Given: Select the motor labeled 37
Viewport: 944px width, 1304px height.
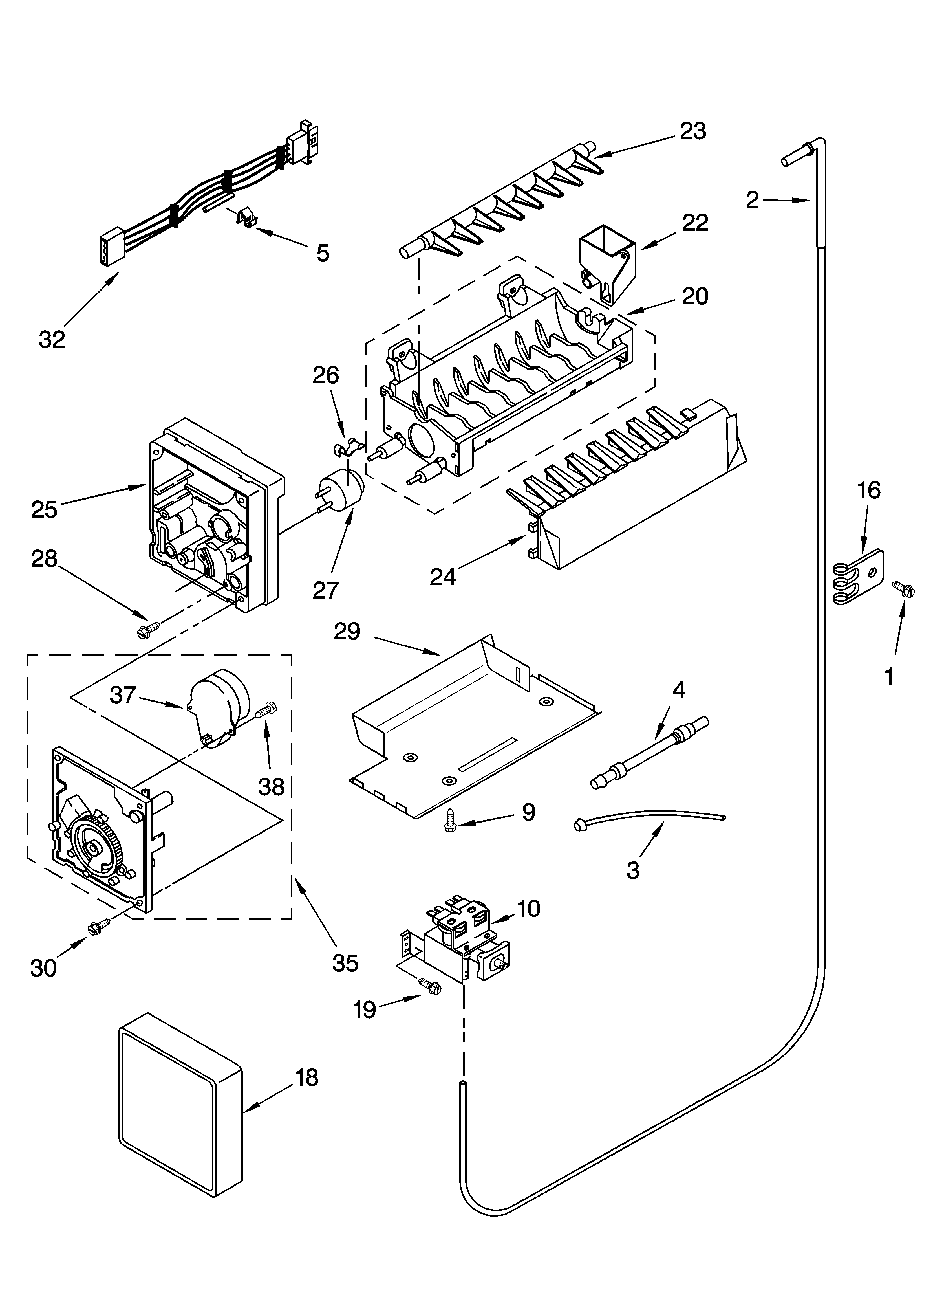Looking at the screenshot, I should [x=219, y=711].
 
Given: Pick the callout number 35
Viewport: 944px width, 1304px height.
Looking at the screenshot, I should [x=345, y=962].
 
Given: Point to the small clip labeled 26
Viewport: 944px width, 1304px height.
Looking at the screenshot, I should [x=347, y=446].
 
